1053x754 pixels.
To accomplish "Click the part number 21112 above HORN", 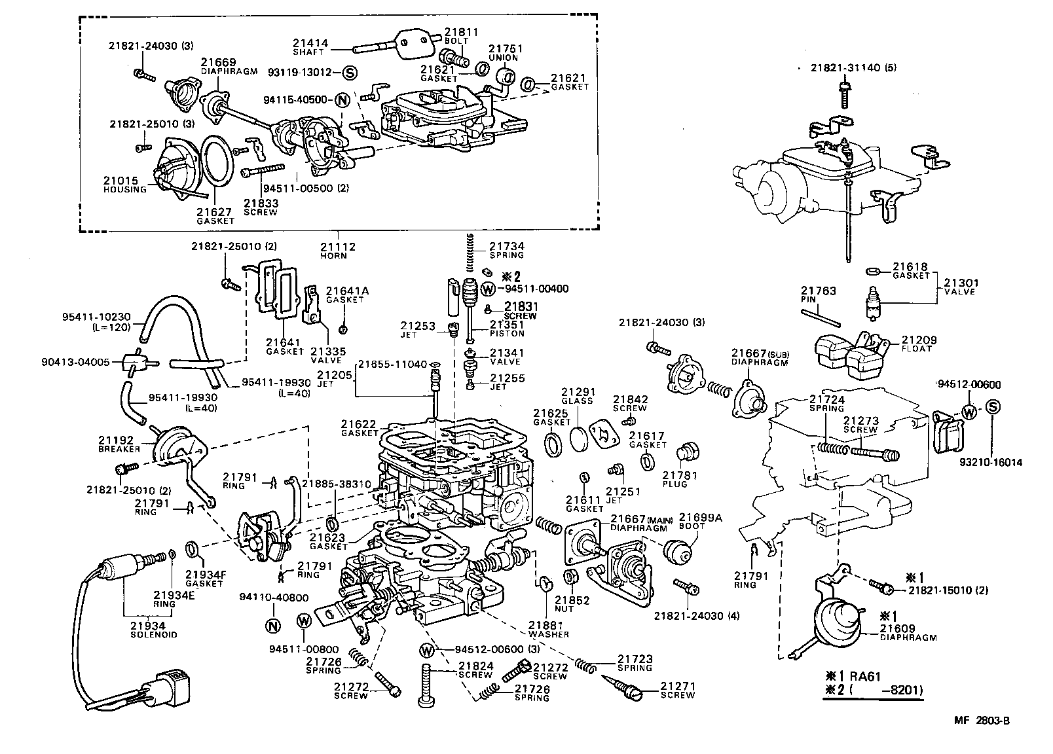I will [x=337, y=247].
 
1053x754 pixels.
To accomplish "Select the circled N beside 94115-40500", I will [x=341, y=100].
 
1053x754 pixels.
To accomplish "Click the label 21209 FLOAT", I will [x=919, y=344].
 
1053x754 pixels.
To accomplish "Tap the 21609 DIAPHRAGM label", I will [x=907, y=632].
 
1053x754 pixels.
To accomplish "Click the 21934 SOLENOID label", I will [x=154, y=630].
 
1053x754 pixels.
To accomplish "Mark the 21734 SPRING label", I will [x=506, y=251].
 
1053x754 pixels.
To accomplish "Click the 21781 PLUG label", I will [x=679, y=480].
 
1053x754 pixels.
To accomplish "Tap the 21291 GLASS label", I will [x=577, y=396].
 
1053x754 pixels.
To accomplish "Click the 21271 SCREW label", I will [x=677, y=690].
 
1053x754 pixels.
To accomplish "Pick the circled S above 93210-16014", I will [x=993, y=407].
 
